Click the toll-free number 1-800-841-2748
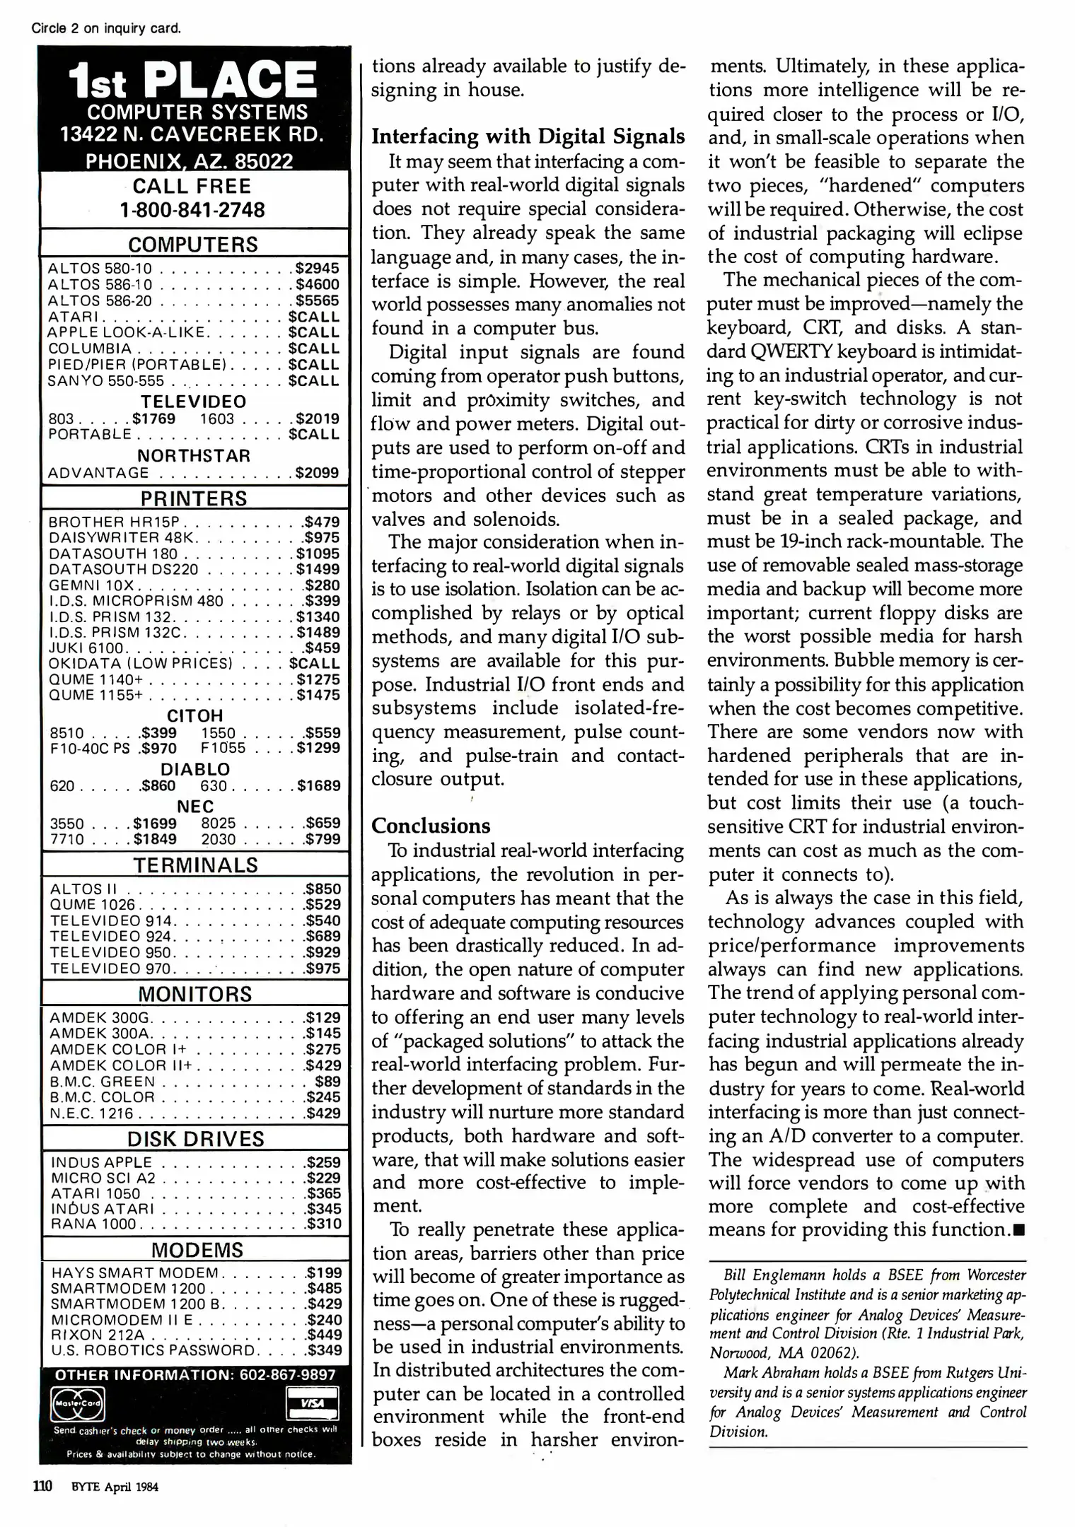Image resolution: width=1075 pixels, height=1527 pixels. (192, 210)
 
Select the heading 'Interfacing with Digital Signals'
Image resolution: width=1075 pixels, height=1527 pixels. (528, 136)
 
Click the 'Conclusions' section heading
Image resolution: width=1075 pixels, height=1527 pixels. (431, 826)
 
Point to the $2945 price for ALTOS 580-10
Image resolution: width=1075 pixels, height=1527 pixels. (318, 269)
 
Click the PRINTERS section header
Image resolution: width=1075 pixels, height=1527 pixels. (194, 498)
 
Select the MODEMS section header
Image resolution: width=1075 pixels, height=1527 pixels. (197, 1250)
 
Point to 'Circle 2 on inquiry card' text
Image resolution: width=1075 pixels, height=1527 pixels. (106, 29)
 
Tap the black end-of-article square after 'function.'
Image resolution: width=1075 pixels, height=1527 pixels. (1018, 1231)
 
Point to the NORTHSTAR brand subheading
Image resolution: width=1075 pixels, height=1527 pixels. (194, 456)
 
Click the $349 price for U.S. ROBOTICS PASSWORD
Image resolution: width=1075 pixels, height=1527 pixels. (324, 1350)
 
